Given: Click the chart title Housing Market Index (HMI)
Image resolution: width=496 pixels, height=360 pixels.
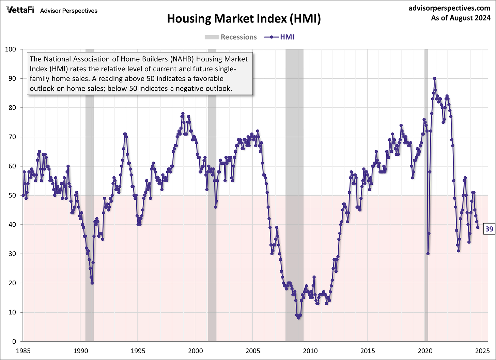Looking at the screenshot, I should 244,18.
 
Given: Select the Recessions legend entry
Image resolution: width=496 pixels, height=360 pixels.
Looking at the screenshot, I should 231,37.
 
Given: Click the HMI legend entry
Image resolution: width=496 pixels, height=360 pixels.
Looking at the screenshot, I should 279,37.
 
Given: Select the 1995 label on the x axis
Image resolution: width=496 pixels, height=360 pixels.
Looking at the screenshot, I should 137,351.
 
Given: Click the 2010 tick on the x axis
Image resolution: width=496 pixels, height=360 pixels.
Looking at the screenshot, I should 310,351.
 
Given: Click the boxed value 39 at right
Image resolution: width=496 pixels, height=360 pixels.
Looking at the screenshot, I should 489,229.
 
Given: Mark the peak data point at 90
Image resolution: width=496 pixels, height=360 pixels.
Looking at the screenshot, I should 434,78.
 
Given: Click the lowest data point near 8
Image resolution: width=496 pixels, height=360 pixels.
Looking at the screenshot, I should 299,318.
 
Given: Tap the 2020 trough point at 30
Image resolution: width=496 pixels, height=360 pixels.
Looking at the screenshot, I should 428,254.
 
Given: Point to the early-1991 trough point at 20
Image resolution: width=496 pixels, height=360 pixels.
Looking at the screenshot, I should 92,283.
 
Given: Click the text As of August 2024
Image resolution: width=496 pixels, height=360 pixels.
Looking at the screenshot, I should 461,18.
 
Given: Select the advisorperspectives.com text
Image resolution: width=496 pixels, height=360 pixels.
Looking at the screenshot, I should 449,8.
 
